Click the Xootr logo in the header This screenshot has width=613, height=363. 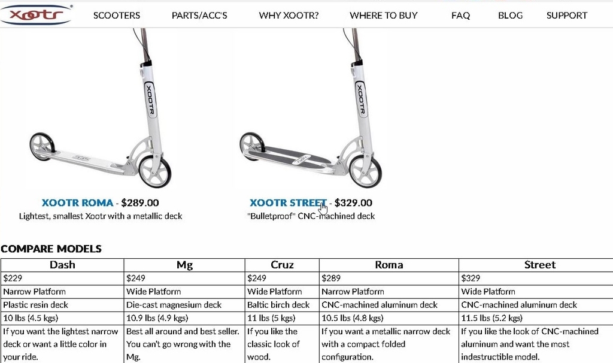tap(36, 15)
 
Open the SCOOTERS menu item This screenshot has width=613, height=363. tap(117, 15)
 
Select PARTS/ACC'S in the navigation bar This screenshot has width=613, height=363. tap(199, 15)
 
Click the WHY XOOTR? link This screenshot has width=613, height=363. tap(289, 15)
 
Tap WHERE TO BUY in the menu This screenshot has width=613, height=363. tap(384, 15)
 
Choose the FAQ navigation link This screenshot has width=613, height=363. tap(460, 15)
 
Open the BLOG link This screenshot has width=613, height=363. tap(510, 15)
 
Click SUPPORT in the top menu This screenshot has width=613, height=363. tap(567, 15)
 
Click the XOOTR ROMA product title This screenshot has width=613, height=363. tap(77, 202)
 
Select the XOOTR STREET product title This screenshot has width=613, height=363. tap(288, 202)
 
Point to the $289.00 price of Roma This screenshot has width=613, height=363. tap(140, 202)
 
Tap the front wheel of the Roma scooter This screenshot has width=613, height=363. tap(155, 171)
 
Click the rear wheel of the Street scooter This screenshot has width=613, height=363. tap(252, 146)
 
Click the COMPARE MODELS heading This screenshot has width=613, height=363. tap(51, 249)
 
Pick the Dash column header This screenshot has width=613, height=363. tap(62, 265)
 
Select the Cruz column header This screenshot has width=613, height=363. tap(282, 265)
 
